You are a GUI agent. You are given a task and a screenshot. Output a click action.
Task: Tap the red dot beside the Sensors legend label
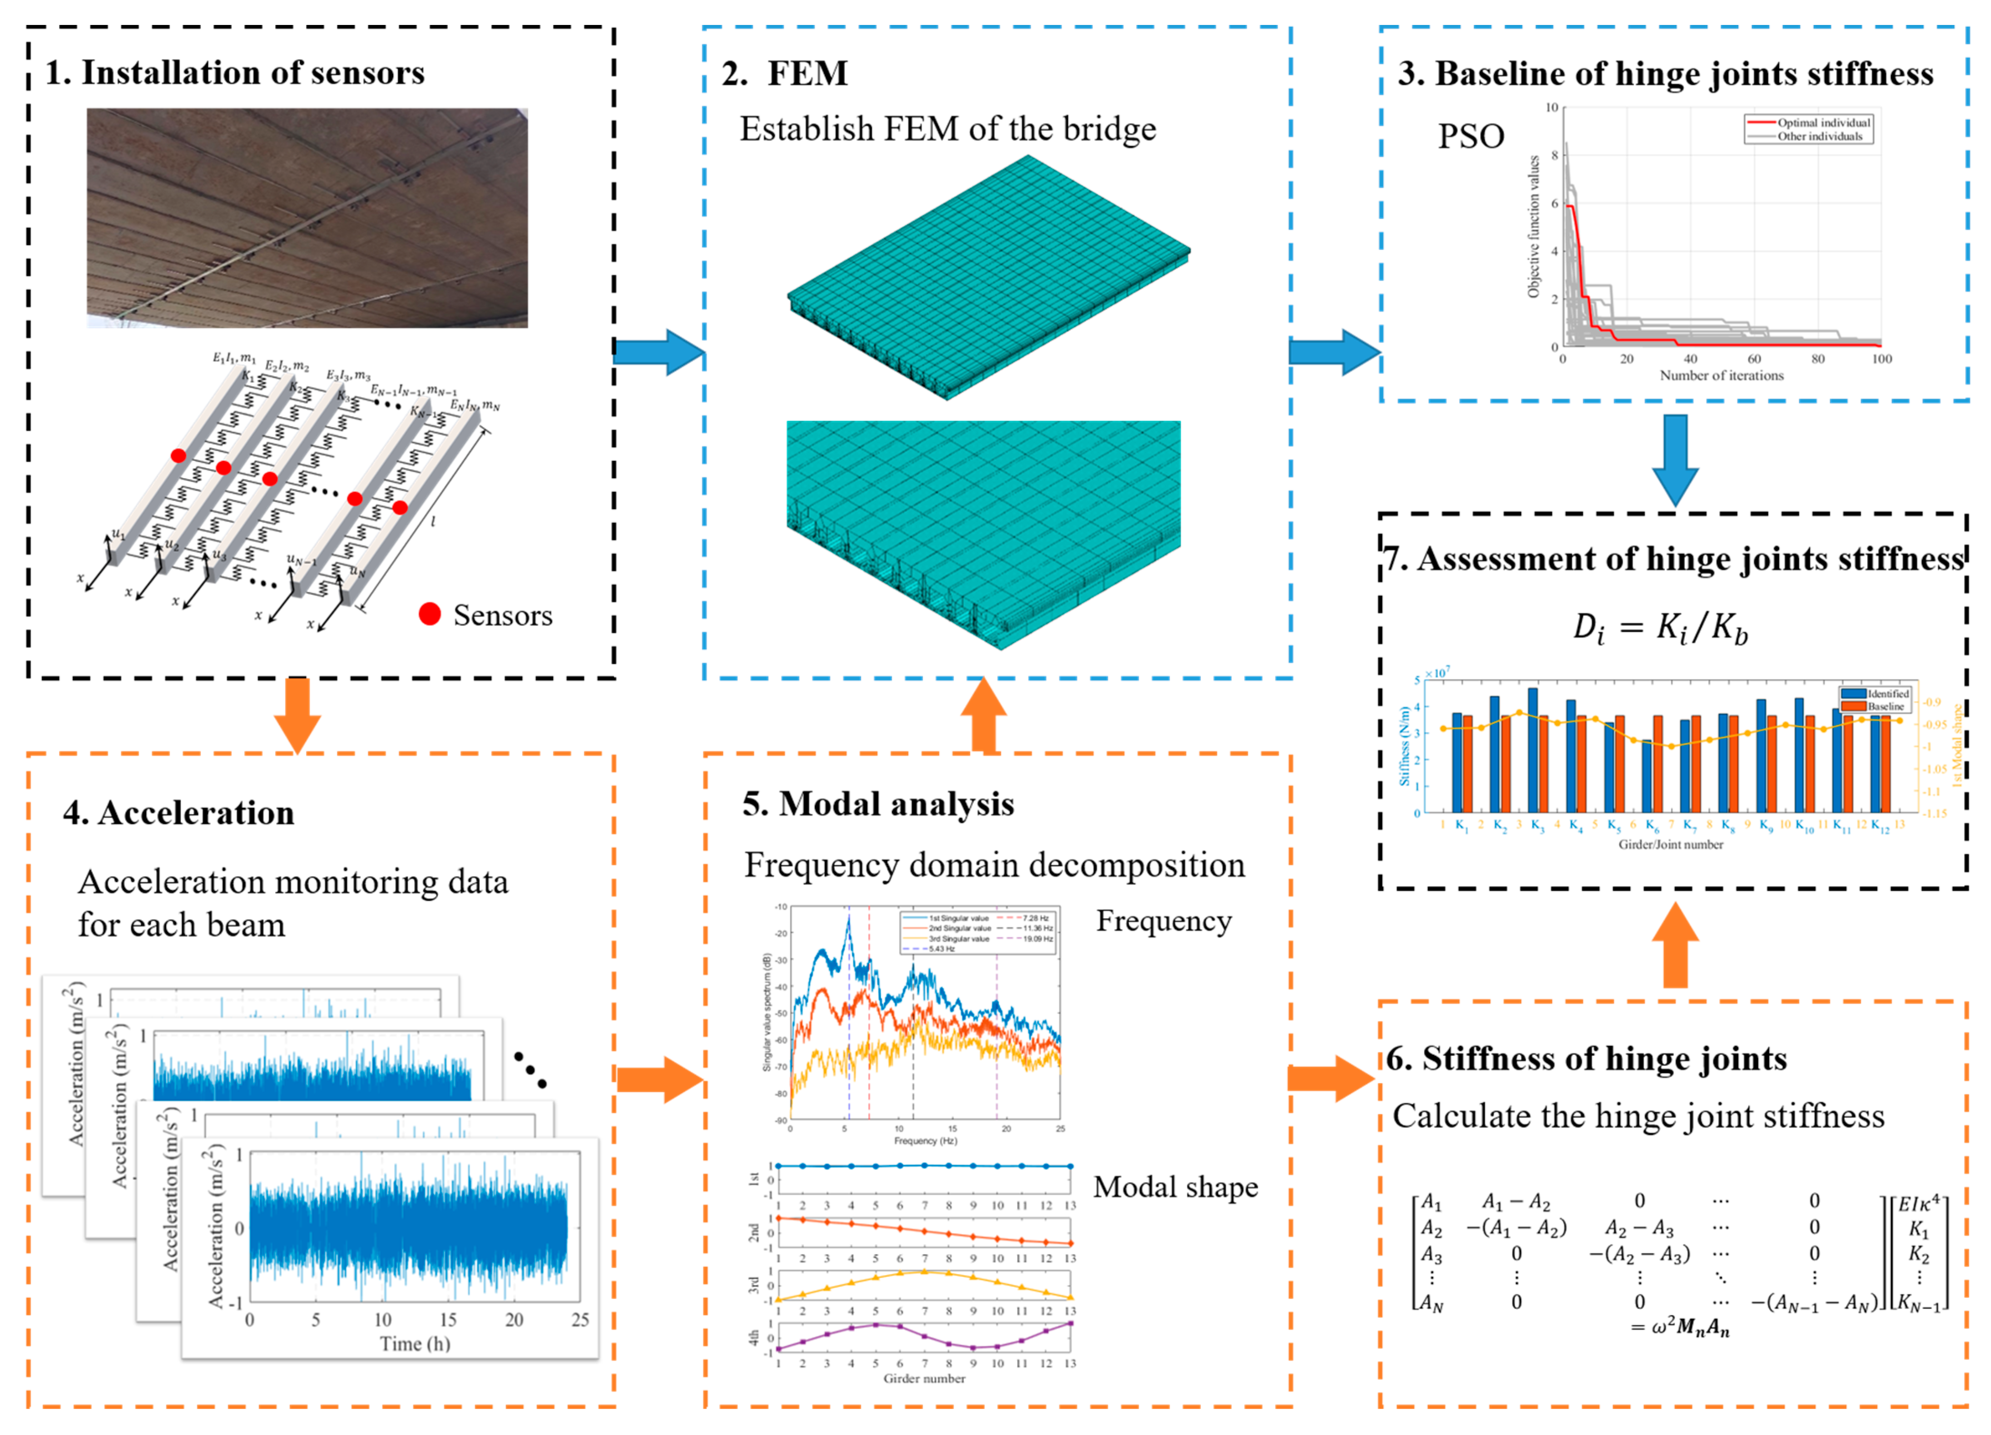pos(429,615)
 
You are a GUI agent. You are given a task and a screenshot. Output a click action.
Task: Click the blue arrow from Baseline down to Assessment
pos(1675,458)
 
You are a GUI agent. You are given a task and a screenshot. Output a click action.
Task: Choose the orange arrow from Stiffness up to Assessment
pos(1675,946)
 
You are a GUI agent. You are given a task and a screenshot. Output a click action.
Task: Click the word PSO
pos(1470,136)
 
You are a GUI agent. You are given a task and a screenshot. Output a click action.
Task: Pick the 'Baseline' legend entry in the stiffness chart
pos(1886,706)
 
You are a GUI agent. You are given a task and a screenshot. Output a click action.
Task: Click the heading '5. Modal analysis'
pos(878,804)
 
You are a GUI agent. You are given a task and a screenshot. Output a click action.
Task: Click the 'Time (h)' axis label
pos(415,1344)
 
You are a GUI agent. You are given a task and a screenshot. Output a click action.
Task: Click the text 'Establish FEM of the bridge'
pos(947,129)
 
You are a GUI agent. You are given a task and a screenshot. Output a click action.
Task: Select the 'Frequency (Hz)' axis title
pos(925,1141)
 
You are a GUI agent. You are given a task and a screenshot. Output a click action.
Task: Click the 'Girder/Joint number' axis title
pos(1670,845)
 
